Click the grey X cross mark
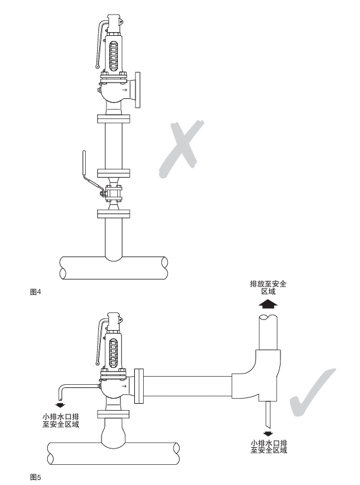pyautogui.click(x=181, y=149)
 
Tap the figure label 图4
pyautogui.click(x=35, y=292)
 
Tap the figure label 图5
pyautogui.click(x=35, y=477)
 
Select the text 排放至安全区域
pyautogui.click(x=268, y=288)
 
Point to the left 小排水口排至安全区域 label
pyautogui.click(x=61, y=420)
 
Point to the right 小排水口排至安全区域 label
pyautogui.click(x=269, y=447)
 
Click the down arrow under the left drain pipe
pyautogui.click(x=60, y=405)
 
